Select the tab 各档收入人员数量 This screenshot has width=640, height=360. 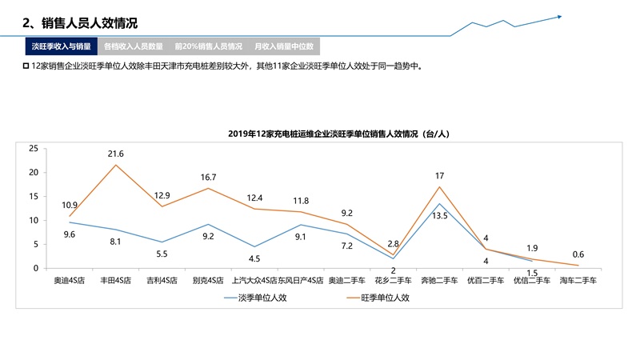coord(134,46)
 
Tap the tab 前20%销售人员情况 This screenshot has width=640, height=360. coord(208,46)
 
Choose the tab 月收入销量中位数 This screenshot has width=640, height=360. coord(283,46)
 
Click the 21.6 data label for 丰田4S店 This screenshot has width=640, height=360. coord(115,154)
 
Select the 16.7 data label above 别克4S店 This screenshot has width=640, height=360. coord(210,177)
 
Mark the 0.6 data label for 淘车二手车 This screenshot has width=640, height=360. coord(578,254)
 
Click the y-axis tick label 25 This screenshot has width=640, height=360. coord(33,149)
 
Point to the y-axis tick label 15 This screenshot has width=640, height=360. coord(33,197)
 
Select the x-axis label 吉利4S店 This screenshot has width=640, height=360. coord(162,281)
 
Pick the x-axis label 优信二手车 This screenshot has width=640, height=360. coord(532,281)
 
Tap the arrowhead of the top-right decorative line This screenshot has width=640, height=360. coord(559,15)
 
